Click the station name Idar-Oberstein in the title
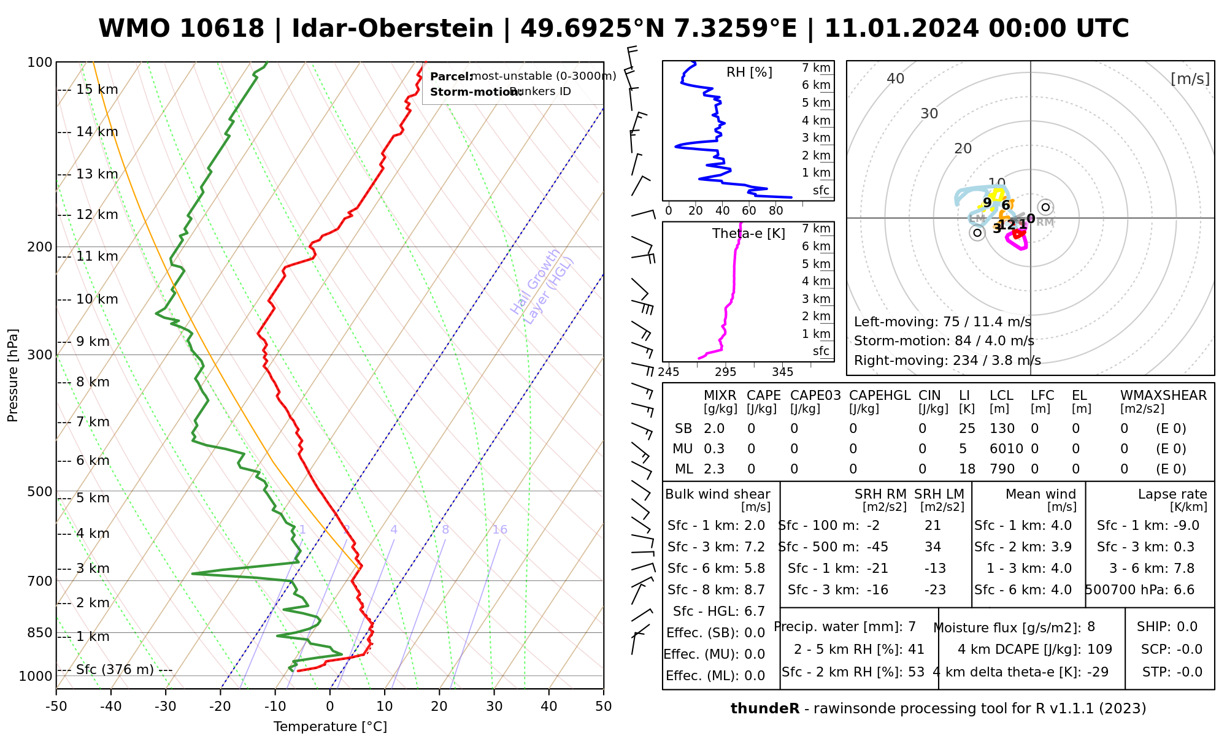pyautogui.click(x=393, y=29)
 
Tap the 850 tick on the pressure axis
pyautogui.click(x=40, y=632)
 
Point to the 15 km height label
pyautogui.click(x=97, y=90)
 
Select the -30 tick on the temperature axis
pyautogui.click(x=166, y=707)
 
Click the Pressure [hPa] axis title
pyautogui.click(x=13, y=375)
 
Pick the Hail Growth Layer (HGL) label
pyautogui.click(x=542, y=286)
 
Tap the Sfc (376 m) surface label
pyautogui.click(x=115, y=669)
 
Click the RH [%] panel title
pyautogui.click(x=749, y=72)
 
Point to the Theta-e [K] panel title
pyautogui.click(x=748, y=234)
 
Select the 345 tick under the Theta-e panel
pyautogui.click(x=782, y=372)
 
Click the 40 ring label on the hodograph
pyautogui.click(x=896, y=79)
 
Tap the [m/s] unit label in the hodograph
pyautogui.click(x=1190, y=79)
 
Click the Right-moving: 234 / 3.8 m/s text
pyautogui.click(x=947, y=360)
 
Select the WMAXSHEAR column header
pyautogui.click(x=1163, y=396)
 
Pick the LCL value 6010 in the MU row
pyautogui.click(x=1006, y=449)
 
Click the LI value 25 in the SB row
pyautogui.click(x=966, y=429)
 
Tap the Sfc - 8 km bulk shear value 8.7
pyautogui.click(x=754, y=590)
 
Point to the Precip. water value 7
pyautogui.click(x=912, y=627)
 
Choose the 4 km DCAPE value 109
pyautogui.click(x=1099, y=650)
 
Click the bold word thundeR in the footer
pyautogui.click(x=764, y=709)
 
